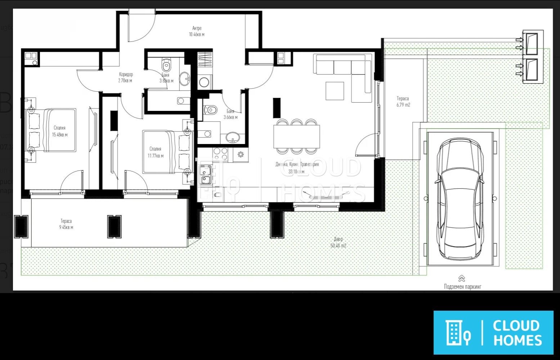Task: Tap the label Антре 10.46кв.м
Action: [197, 31]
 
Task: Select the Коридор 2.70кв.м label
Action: [126, 77]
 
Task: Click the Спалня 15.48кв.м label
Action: [59, 131]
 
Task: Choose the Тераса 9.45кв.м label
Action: [66, 224]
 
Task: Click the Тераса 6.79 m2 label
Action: [403, 102]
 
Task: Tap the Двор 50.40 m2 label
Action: [338, 242]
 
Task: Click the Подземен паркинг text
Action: [462, 287]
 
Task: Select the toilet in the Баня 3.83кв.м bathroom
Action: [166, 66]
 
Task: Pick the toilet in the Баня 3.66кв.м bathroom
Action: [210, 109]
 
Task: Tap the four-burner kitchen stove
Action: [220, 154]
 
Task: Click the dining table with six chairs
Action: [296, 136]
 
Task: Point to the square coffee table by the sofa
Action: [335, 91]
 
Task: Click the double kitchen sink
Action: [205, 174]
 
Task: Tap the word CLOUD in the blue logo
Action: [516, 325]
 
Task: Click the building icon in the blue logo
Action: [454, 332]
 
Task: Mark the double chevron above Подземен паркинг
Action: [462, 278]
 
